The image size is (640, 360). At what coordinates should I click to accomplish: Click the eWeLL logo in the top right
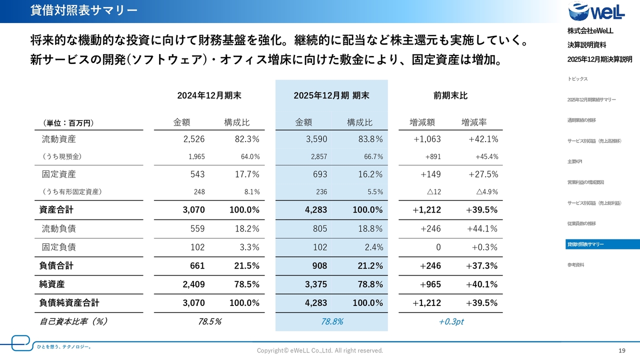pyautogui.click(x=596, y=11)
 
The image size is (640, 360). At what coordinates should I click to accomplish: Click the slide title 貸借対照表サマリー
pyautogui.click(x=83, y=10)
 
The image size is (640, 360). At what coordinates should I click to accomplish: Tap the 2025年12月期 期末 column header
pyautogui.click(x=331, y=95)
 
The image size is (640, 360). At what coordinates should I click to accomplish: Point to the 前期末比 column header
pyautogui.click(x=450, y=95)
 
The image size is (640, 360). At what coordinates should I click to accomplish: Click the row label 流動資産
pyautogui.click(x=58, y=139)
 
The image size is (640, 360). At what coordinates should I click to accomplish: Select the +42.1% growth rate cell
pyautogui.click(x=483, y=139)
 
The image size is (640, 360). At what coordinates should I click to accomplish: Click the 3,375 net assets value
pyautogui.click(x=316, y=284)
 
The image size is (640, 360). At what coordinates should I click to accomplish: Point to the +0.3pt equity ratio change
pyautogui.click(x=450, y=321)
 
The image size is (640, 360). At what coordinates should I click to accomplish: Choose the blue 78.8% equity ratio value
pyautogui.click(x=331, y=321)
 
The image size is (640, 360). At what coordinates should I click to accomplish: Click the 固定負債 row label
pyautogui.click(x=58, y=247)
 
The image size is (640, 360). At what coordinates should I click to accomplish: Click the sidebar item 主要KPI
pyautogui.click(x=574, y=161)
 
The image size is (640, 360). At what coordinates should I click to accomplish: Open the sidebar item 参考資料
pyautogui.click(x=575, y=265)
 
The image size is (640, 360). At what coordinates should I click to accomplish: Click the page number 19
pyautogui.click(x=622, y=350)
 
